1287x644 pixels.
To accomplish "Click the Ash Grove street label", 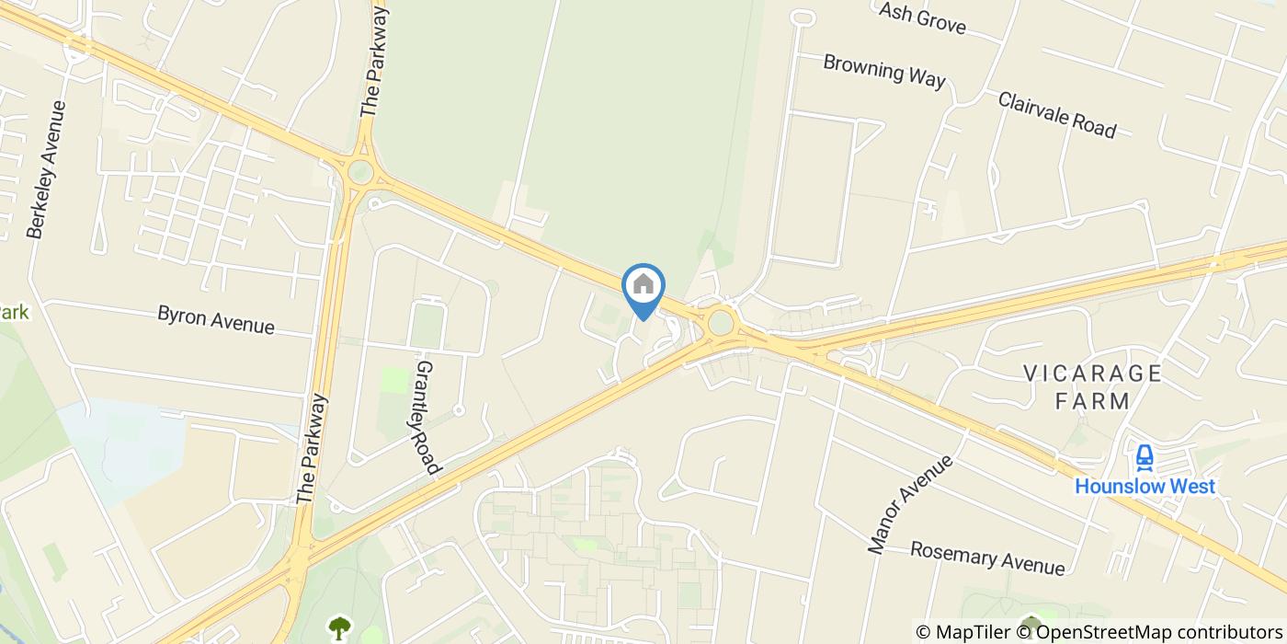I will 922,17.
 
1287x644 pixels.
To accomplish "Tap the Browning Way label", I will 883,71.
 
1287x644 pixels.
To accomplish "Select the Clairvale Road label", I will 1056,115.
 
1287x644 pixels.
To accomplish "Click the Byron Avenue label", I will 216,319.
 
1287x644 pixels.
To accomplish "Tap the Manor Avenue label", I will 911,504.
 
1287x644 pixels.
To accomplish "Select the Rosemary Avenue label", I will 987,558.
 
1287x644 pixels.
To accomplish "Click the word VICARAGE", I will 1093,374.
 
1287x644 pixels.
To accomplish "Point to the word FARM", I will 1092,401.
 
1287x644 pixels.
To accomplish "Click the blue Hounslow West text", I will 1145,486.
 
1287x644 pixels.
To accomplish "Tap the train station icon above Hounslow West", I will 1145,456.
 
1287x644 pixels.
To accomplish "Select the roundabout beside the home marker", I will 721,322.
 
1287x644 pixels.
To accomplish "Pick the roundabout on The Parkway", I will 360,171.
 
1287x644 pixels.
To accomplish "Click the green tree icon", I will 340,627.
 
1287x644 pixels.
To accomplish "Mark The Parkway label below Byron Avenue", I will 313,449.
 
